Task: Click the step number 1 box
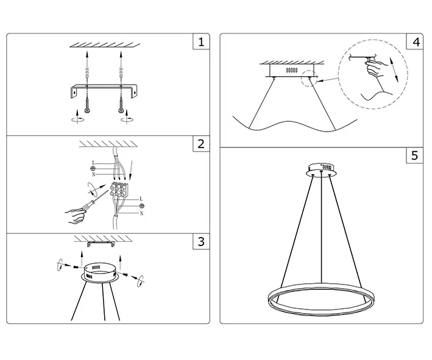pos(201,42)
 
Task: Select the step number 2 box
pos(201,144)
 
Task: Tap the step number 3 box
pos(201,242)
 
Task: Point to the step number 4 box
pos(415,42)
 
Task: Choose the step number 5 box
pos(415,155)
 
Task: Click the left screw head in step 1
pos(87,110)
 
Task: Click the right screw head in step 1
pos(121,110)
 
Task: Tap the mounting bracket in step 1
pos(104,91)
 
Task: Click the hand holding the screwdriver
pos(75,216)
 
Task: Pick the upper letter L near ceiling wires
pos(93,163)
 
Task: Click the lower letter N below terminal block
pos(141,213)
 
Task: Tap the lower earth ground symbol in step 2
pos(142,206)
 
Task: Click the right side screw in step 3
pos(126,274)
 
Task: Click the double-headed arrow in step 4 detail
pos(394,69)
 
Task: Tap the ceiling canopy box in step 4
pos(291,71)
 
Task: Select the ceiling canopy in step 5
pos(321,169)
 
